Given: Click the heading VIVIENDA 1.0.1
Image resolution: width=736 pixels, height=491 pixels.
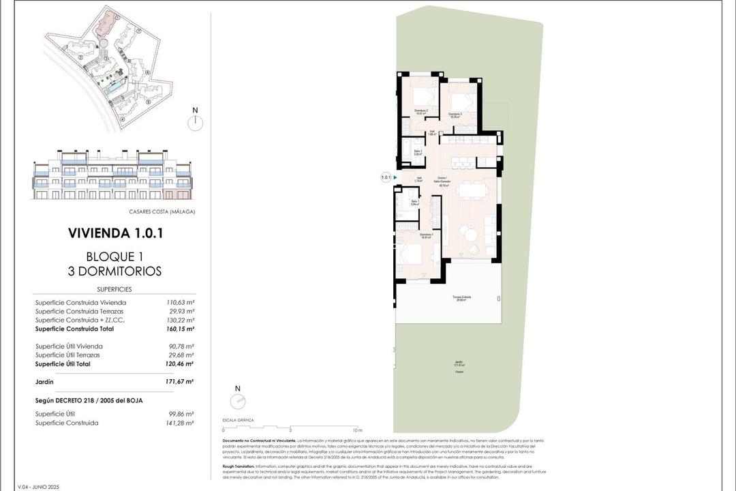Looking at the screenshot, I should click(115, 233).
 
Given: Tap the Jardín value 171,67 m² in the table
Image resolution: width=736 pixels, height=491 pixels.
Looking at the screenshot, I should click(181, 382).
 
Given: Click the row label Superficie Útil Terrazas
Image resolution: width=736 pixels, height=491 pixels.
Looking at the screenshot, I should click(67, 355).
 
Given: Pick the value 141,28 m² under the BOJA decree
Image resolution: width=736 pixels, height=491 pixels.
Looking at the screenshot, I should click(181, 423).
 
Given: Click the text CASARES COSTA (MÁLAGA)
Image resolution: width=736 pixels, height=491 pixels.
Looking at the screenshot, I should click(162, 211).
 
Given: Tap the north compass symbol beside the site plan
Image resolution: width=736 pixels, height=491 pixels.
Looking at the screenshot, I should click(195, 122).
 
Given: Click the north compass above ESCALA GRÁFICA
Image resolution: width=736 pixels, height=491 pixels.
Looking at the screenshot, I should click(237, 400).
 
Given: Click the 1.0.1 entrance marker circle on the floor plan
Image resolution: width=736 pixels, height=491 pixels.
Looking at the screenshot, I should click(386, 178).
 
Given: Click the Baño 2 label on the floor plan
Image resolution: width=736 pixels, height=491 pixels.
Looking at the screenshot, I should click(416, 151).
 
